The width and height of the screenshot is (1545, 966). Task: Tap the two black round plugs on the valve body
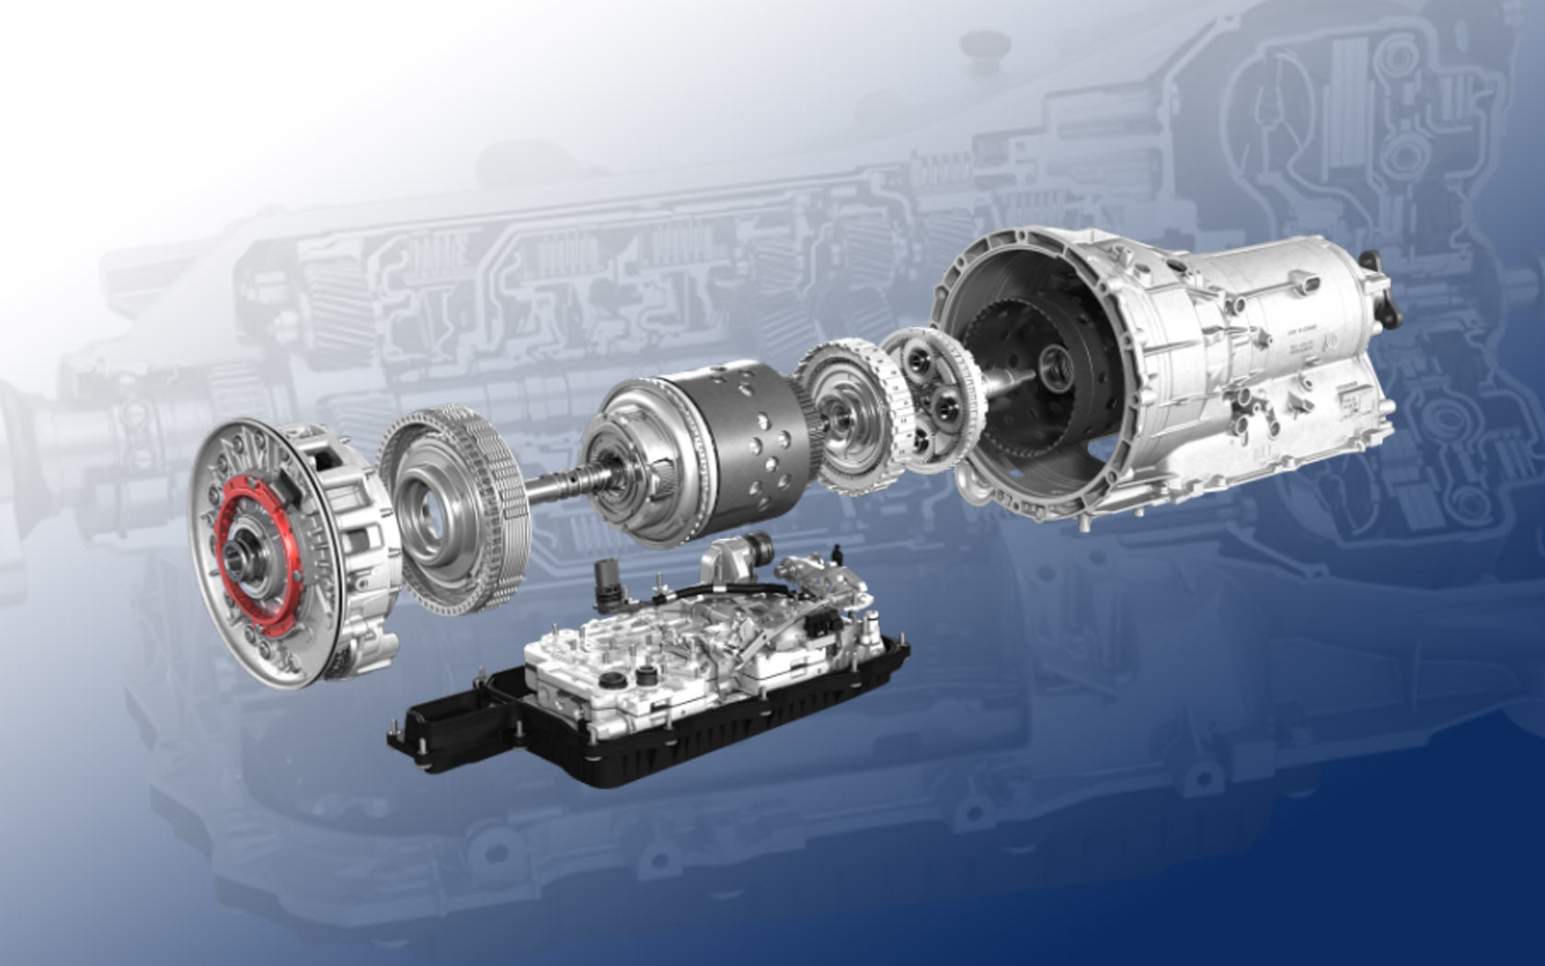pos(629,681)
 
